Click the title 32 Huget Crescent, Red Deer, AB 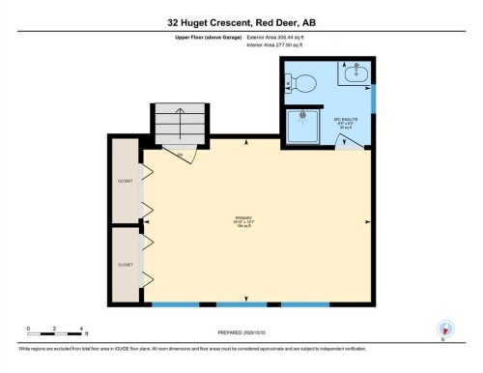241,20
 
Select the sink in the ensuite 355,71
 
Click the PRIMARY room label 243,221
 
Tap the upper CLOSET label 125,180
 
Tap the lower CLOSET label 125,264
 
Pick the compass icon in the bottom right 444,328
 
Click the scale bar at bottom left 55,333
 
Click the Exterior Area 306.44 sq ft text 275,37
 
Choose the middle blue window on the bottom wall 242,305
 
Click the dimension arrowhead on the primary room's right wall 367,221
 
